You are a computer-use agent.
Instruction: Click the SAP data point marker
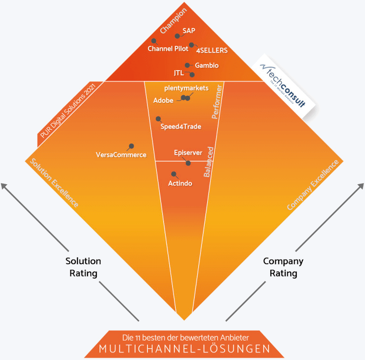pos(177,36)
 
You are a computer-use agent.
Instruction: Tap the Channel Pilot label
pos(168,49)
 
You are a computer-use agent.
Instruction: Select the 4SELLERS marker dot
pos(192,45)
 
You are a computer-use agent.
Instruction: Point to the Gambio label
pos(207,66)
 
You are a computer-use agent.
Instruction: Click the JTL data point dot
pos(192,74)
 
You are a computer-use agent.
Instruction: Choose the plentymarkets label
pos(186,88)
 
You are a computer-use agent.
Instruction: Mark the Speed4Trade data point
pos(158,119)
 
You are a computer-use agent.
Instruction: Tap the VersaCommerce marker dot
pos(131,146)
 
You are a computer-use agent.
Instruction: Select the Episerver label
pos(188,153)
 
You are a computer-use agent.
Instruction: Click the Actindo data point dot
pos(173,174)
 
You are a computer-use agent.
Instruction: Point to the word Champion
pos(173,23)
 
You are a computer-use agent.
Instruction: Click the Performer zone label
pos(217,102)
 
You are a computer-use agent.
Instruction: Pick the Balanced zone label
pos(209,162)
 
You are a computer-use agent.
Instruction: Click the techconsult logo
pos(283,85)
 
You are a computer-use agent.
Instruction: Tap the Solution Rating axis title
pos(83,267)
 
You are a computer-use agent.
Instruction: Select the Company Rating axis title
pos(283,267)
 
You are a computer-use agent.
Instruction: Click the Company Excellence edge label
pos(313,185)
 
